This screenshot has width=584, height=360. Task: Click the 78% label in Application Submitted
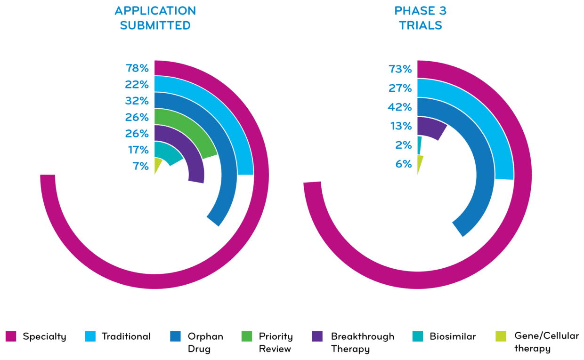[x=137, y=68]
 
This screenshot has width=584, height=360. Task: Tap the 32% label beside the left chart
[x=137, y=101]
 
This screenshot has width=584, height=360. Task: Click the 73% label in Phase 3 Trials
[x=400, y=70]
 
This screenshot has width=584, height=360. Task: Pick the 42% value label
[x=400, y=107]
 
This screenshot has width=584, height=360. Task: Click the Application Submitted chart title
[x=155, y=18]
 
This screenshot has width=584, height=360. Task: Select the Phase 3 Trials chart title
[x=421, y=18]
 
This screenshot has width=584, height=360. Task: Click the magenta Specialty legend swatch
[x=11, y=336]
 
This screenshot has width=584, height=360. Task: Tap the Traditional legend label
[x=126, y=336]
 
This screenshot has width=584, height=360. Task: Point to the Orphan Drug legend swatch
[x=175, y=336]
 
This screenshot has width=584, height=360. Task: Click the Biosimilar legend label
[x=453, y=336]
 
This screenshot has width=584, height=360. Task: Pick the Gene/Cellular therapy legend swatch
[x=501, y=336]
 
